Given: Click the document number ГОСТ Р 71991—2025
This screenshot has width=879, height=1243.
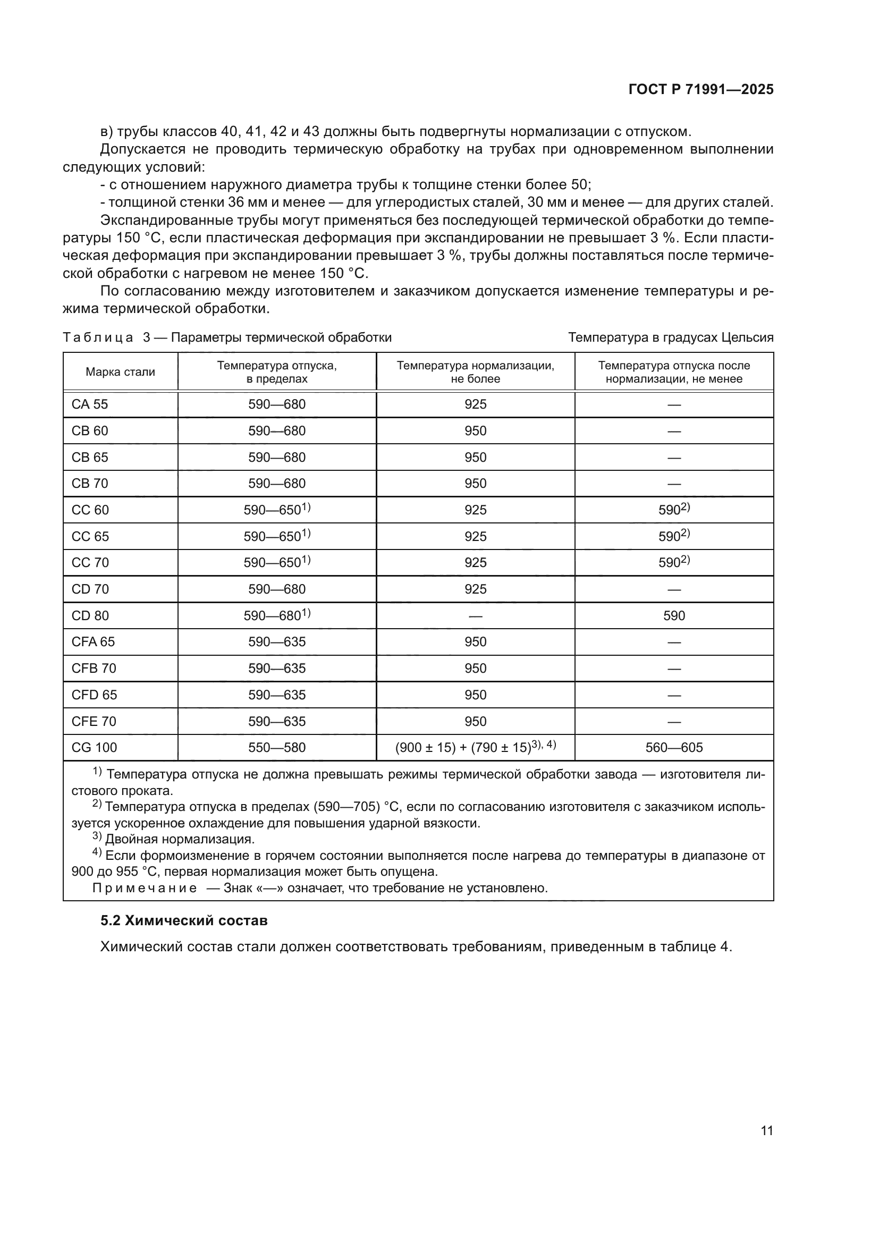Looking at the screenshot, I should (x=701, y=90).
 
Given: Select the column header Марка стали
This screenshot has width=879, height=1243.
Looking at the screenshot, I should (x=120, y=372).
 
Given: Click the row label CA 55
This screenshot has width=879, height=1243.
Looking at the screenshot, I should (x=90, y=404).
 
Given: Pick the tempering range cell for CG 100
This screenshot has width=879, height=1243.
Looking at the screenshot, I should (x=276, y=748).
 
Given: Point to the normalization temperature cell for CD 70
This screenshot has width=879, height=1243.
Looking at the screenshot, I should (x=475, y=589).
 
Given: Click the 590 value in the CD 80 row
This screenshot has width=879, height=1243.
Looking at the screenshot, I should (x=674, y=615).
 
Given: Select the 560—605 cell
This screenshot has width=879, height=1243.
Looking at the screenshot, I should (x=674, y=748).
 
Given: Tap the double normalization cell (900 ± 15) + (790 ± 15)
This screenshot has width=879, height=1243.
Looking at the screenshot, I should (x=475, y=748).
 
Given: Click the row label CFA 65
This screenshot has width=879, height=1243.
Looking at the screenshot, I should (x=93, y=641).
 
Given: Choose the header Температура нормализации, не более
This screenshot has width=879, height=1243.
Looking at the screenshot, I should (x=475, y=372).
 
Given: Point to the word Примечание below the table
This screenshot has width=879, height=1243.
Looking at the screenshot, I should (x=145, y=888).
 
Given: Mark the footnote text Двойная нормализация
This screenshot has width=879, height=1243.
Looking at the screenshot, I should (x=180, y=839).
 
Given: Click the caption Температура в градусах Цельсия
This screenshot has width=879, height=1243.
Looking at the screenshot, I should (x=671, y=338).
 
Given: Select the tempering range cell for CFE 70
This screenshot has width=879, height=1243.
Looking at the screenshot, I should (x=276, y=721).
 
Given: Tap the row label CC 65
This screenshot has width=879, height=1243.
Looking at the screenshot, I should (x=90, y=537).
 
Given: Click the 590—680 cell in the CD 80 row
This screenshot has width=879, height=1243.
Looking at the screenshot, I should (x=276, y=615).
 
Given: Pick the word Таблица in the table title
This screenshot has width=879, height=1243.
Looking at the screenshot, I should (x=98, y=338).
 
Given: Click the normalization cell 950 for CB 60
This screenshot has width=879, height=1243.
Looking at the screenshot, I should (x=475, y=431).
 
